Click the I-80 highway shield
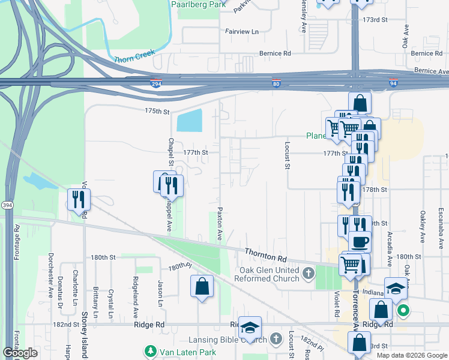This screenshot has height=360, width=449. click(x=276, y=84)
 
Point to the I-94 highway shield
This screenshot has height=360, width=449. click(x=393, y=84)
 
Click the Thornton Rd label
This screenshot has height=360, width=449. click(x=265, y=254)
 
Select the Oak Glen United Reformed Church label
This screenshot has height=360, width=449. click(x=270, y=275)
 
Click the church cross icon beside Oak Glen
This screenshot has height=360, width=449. click(x=308, y=274)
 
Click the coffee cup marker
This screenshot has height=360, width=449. click(x=360, y=242)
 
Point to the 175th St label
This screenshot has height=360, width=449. click(x=157, y=112)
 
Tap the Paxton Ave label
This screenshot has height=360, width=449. click(x=220, y=225)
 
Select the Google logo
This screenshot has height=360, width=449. click(x=20, y=353)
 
